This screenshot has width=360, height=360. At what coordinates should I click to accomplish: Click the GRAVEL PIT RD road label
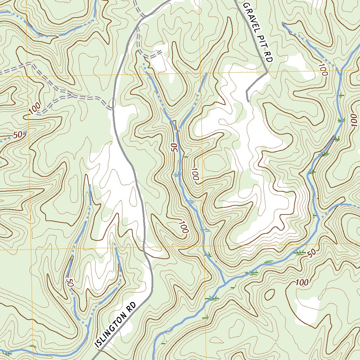point(258,32)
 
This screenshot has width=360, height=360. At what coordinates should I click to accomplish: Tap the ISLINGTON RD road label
point(116,325)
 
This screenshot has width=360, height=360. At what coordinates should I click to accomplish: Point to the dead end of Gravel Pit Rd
point(248,101)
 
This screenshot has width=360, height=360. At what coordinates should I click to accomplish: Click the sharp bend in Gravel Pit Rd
point(267,72)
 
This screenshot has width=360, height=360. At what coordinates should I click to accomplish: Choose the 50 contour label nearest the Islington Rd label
point(69,283)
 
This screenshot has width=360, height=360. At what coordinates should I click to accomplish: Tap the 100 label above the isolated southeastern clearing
point(302,282)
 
